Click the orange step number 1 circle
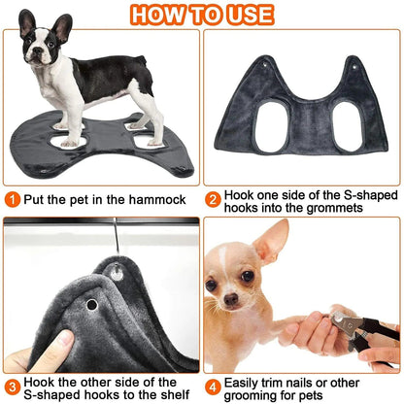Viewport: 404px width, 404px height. click(13, 199)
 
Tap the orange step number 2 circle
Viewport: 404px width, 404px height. click(213, 199)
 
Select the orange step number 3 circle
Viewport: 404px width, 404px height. click(13, 382)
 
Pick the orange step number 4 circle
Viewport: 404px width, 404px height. click(213, 382)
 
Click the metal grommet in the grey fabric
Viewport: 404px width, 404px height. click(91, 305)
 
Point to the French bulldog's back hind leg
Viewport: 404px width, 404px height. click(149, 115)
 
